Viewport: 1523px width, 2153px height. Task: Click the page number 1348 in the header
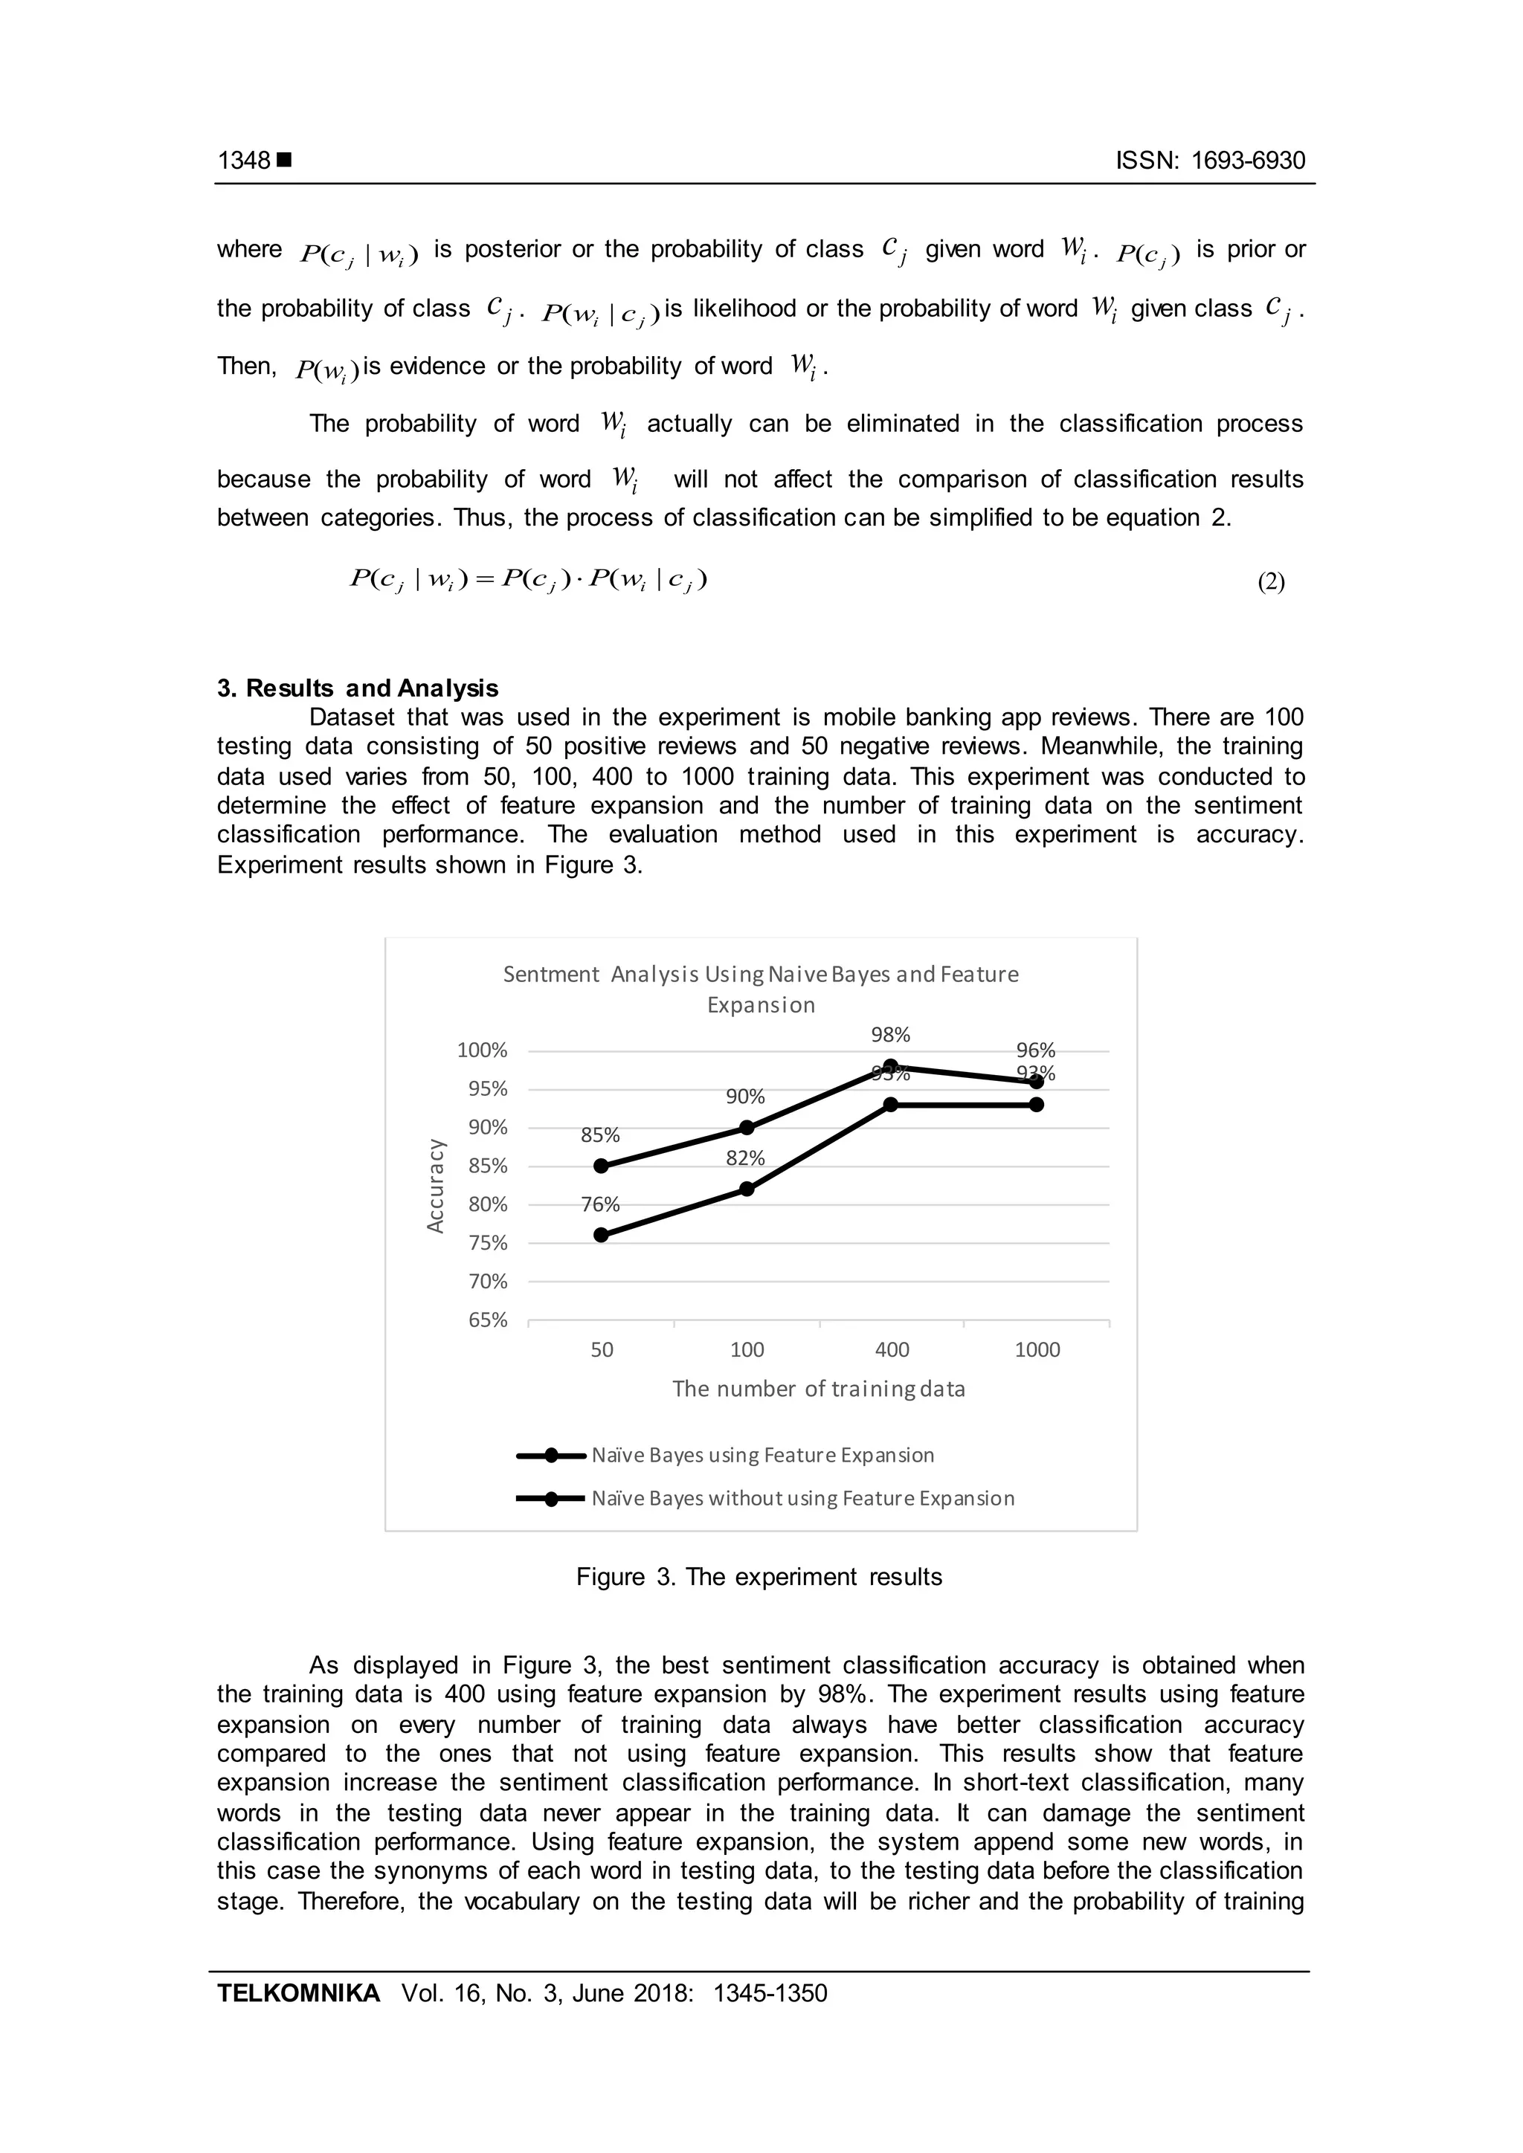244,161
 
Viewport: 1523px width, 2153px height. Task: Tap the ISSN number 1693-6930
1247,161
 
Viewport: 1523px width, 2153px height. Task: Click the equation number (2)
1271,582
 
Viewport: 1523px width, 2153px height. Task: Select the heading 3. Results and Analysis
357,688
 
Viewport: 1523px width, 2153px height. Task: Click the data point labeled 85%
601,1166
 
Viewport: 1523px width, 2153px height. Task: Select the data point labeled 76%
601,1235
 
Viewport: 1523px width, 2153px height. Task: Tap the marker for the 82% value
747,1189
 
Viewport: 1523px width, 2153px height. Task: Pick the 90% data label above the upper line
746,1096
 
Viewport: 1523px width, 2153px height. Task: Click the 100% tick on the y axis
482,1050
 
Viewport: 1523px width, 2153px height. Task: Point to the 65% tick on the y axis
488,1320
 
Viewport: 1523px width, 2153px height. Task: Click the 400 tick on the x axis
892,1349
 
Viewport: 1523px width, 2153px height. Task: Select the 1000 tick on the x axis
1037,1349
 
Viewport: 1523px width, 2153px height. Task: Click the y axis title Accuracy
435,1185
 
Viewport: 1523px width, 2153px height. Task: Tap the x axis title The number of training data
818,1389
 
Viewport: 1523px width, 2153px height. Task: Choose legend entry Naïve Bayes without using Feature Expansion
802,1499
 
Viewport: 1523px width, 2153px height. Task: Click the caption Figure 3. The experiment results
759,1578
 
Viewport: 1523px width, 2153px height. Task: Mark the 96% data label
1035,1050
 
